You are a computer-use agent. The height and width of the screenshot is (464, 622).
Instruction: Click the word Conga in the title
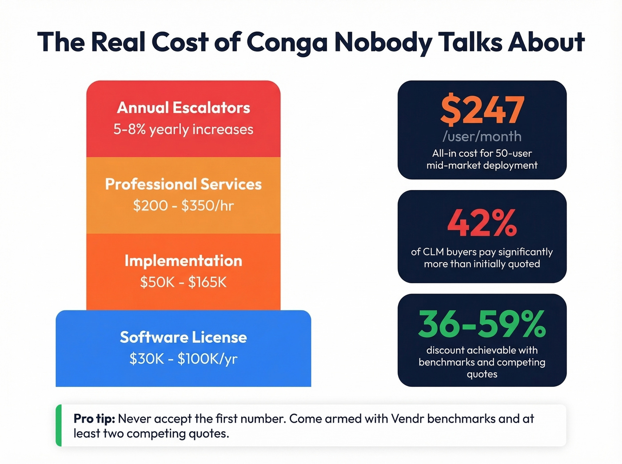point(287,43)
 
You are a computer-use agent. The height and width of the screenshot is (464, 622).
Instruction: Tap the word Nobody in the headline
point(383,43)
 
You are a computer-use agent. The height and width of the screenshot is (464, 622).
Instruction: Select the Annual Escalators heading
point(183,108)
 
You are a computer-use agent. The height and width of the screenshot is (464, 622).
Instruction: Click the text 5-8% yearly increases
point(183,130)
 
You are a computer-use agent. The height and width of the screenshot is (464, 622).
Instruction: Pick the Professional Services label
point(183,184)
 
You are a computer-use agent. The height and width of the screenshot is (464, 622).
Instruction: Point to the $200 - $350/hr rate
point(183,206)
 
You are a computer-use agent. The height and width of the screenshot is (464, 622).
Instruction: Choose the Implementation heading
point(183,261)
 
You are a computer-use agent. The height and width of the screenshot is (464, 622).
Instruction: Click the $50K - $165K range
point(183,282)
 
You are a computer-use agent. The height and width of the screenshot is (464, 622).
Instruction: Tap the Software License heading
point(183,337)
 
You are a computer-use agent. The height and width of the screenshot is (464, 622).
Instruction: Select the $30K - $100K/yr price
point(183,359)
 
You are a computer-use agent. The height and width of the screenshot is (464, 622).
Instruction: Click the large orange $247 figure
point(482,110)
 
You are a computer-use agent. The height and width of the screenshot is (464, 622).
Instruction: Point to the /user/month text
point(482,136)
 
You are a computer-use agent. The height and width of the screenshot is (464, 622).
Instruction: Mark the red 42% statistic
point(482,223)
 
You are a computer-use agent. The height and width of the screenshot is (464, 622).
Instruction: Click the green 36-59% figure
point(482,324)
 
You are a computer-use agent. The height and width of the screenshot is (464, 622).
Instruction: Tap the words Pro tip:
point(94,419)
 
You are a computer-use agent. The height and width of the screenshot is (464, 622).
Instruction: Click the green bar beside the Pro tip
point(58,425)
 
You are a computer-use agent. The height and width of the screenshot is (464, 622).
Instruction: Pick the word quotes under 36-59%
point(482,374)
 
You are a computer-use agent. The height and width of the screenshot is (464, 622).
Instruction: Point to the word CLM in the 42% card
point(433,252)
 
